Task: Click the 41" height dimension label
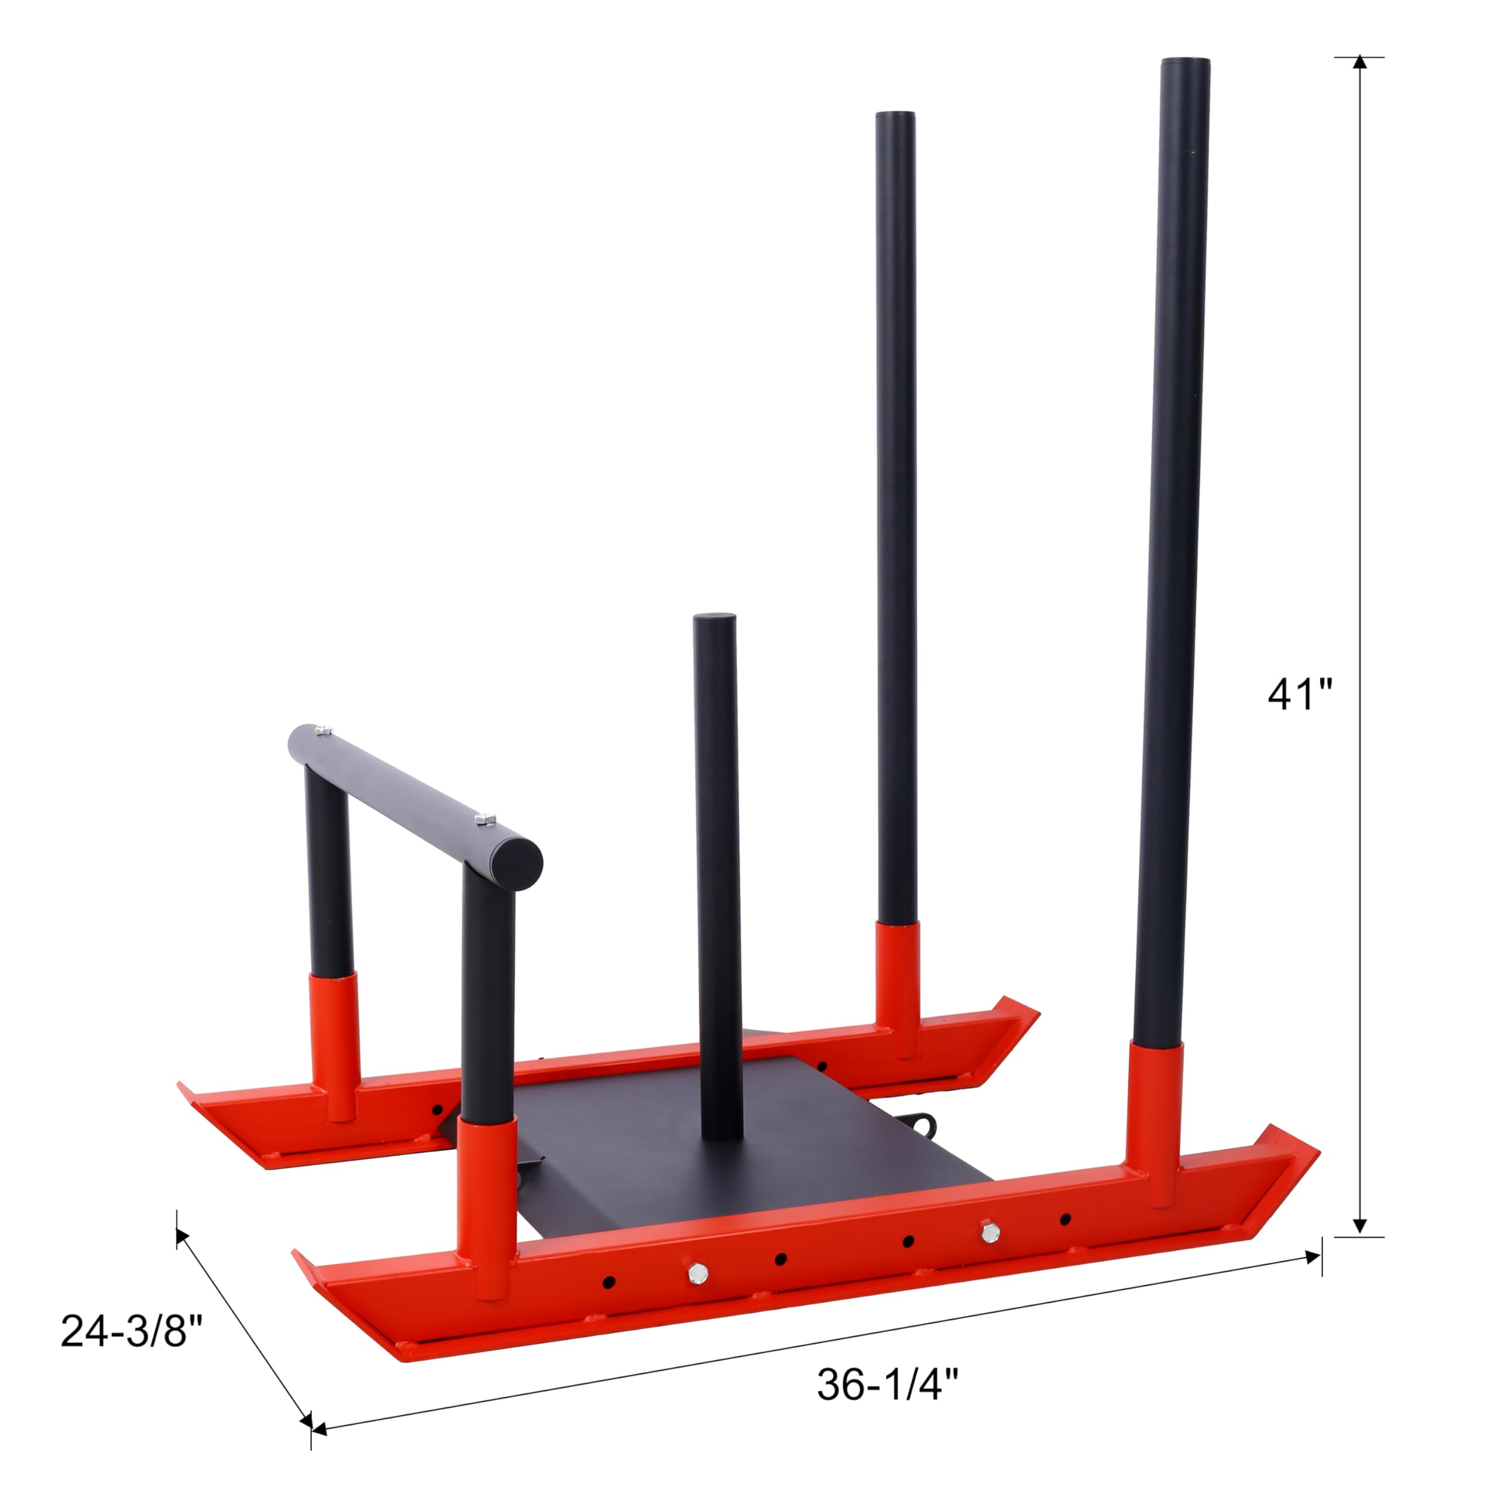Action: pos(1300,694)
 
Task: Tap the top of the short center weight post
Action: pos(713,620)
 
